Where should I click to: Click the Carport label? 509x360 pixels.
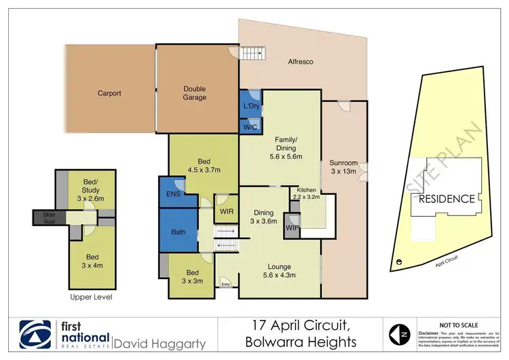click(x=109, y=93)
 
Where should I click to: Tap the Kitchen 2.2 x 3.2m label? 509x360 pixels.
click(x=304, y=193)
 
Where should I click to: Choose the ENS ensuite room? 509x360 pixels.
click(x=172, y=193)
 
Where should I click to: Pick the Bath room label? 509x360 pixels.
click(x=178, y=232)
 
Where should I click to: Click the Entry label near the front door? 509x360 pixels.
click(x=225, y=284)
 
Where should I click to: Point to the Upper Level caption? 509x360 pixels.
click(x=90, y=298)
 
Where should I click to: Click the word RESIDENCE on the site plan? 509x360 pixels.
click(x=446, y=199)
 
